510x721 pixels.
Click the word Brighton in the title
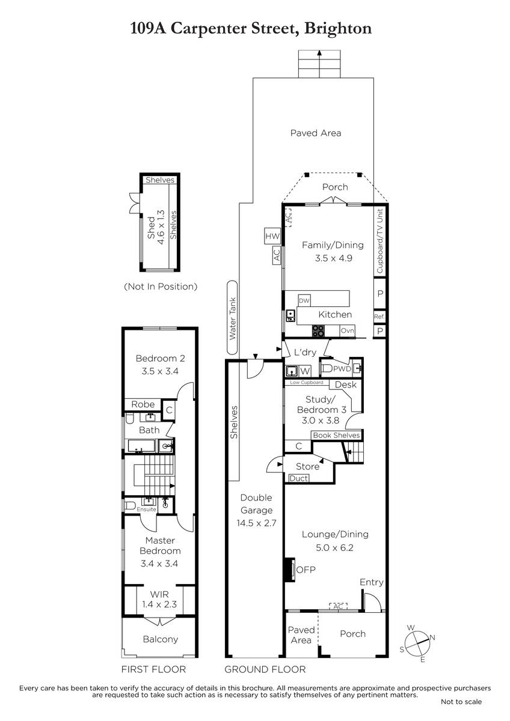pyautogui.click(x=337, y=28)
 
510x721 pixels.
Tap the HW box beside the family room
pyautogui.click(x=272, y=236)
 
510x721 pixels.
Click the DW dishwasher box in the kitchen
pyautogui.click(x=304, y=300)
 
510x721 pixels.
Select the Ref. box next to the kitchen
pyautogui.click(x=379, y=317)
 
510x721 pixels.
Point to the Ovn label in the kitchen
pyautogui.click(x=347, y=330)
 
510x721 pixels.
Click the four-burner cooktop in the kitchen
pyautogui.click(x=318, y=331)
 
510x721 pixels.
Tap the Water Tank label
pyautogui.click(x=232, y=318)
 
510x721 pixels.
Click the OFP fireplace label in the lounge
pyautogui.click(x=306, y=579)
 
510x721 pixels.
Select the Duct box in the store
pyautogui.click(x=299, y=478)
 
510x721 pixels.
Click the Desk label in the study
pyautogui.click(x=346, y=385)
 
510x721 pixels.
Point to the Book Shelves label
pyautogui.click(x=336, y=435)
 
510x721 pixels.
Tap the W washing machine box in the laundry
pyautogui.click(x=305, y=371)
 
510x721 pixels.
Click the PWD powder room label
pyautogui.click(x=342, y=369)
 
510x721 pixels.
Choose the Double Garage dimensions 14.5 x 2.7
pyautogui.click(x=256, y=523)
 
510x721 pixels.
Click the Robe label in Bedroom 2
pyautogui.click(x=143, y=404)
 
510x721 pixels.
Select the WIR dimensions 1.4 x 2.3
pyautogui.click(x=159, y=604)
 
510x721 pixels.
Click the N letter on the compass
pyautogui.click(x=432, y=637)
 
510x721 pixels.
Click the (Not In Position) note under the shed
pyautogui.click(x=161, y=287)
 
